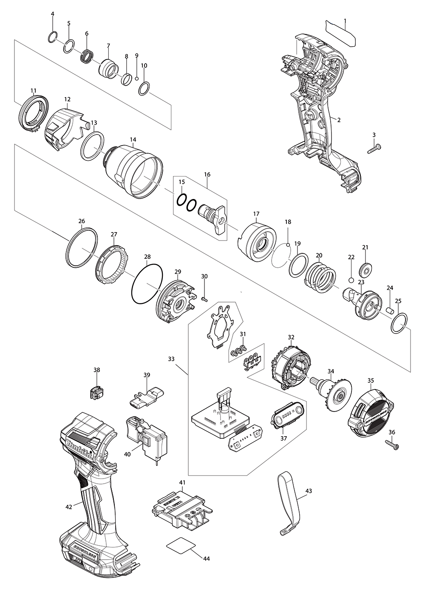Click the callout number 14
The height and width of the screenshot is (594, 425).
[x=133, y=139]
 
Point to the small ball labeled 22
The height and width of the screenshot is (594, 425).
[x=351, y=280]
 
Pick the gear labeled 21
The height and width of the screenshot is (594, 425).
[x=365, y=269]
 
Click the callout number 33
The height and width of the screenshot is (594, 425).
[x=171, y=359]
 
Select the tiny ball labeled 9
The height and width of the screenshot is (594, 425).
[x=137, y=78]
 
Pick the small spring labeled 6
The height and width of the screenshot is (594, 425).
[x=87, y=56]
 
